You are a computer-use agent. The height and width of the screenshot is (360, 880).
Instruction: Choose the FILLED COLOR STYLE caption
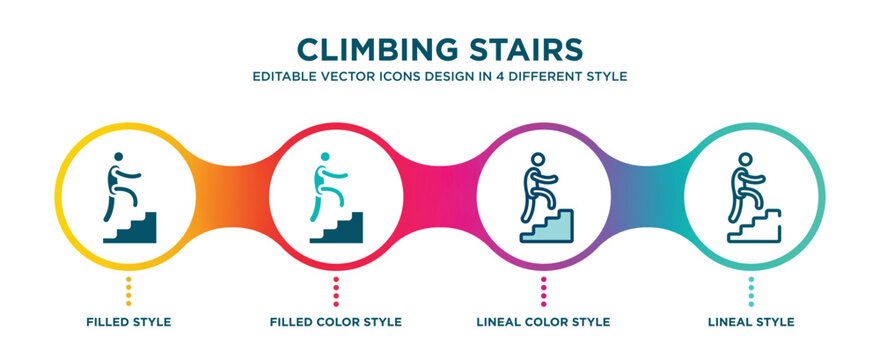(336, 322)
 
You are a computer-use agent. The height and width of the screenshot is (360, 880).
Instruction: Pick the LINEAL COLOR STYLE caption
(543, 322)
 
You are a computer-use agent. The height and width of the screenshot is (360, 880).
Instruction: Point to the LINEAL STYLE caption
(751, 322)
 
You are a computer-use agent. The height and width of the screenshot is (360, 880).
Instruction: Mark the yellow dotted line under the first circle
(129, 291)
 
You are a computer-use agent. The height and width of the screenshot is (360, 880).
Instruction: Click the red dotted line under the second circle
(336, 291)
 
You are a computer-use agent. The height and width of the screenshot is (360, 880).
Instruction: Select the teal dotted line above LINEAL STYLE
(751, 291)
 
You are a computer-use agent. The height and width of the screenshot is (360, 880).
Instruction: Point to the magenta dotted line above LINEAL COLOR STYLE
(543, 291)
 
